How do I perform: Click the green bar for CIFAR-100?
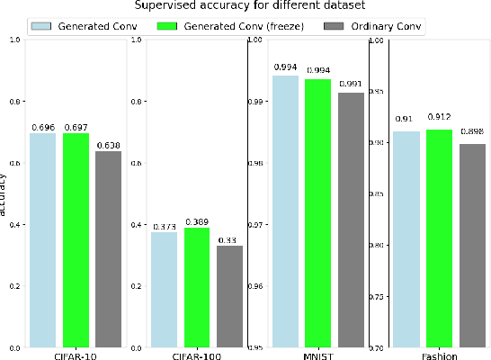(x=197, y=287)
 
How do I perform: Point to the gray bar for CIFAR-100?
(x=229, y=296)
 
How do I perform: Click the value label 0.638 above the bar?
(x=108, y=145)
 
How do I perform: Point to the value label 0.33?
(x=229, y=239)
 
